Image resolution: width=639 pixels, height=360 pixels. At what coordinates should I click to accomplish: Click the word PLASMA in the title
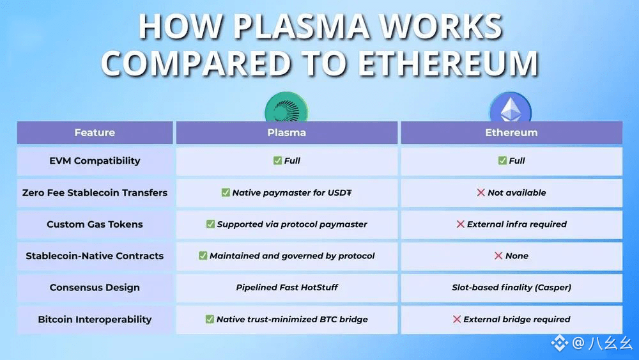pyautogui.click(x=301, y=26)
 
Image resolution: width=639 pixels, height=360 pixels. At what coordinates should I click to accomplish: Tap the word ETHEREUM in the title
pyautogui.click(x=449, y=63)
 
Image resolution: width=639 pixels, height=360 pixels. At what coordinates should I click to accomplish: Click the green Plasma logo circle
pyautogui.click(x=286, y=107)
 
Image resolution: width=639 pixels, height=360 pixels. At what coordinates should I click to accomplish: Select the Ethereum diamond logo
pyautogui.click(x=511, y=107)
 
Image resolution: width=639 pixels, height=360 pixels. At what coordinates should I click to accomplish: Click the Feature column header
pyautogui.click(x=95, y=132)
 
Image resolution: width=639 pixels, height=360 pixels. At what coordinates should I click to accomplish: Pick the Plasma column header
pyautogui.click(x=286, y=132)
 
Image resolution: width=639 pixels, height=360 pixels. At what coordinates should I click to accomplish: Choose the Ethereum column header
pyautogui.click(x=511, y=132)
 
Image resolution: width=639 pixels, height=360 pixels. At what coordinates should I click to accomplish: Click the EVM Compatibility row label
pyautogui.click(x=95, y=160)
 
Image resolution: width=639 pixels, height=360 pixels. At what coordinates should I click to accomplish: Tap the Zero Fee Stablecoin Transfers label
pyautogui.click(x=95, y=192)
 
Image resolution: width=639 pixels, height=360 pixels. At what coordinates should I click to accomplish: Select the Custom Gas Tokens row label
pyautogui.click(x=95, y=224)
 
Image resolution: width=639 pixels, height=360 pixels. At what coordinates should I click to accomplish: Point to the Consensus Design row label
pyautogui.click(x=95, y=288)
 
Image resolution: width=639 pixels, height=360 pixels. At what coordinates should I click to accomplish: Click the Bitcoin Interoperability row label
pyautogui.click(x=95, y=319)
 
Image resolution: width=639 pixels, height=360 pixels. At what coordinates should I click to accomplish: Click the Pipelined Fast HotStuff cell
pyautogui.click(x=287, y=288)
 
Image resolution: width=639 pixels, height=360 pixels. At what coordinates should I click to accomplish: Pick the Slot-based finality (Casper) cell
pyautogui.click(x=511, y=288)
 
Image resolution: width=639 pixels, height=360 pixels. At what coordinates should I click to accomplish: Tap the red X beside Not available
pyautogui.click(x=481, y=192)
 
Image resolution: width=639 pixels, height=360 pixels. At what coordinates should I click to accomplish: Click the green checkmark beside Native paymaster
pyautogui.click(x=226, y=192)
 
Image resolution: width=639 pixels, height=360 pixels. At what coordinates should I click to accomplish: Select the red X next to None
pyautogui.click(x=498, y=256)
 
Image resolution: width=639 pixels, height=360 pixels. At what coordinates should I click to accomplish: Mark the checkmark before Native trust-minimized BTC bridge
pyautogui.click(x=210, y=319)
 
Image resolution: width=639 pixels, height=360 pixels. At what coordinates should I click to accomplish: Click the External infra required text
pyautogui.click(x=517, y=224)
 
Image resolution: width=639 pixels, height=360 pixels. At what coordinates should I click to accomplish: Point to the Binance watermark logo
pyautogui.click(x=560, y=343)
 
